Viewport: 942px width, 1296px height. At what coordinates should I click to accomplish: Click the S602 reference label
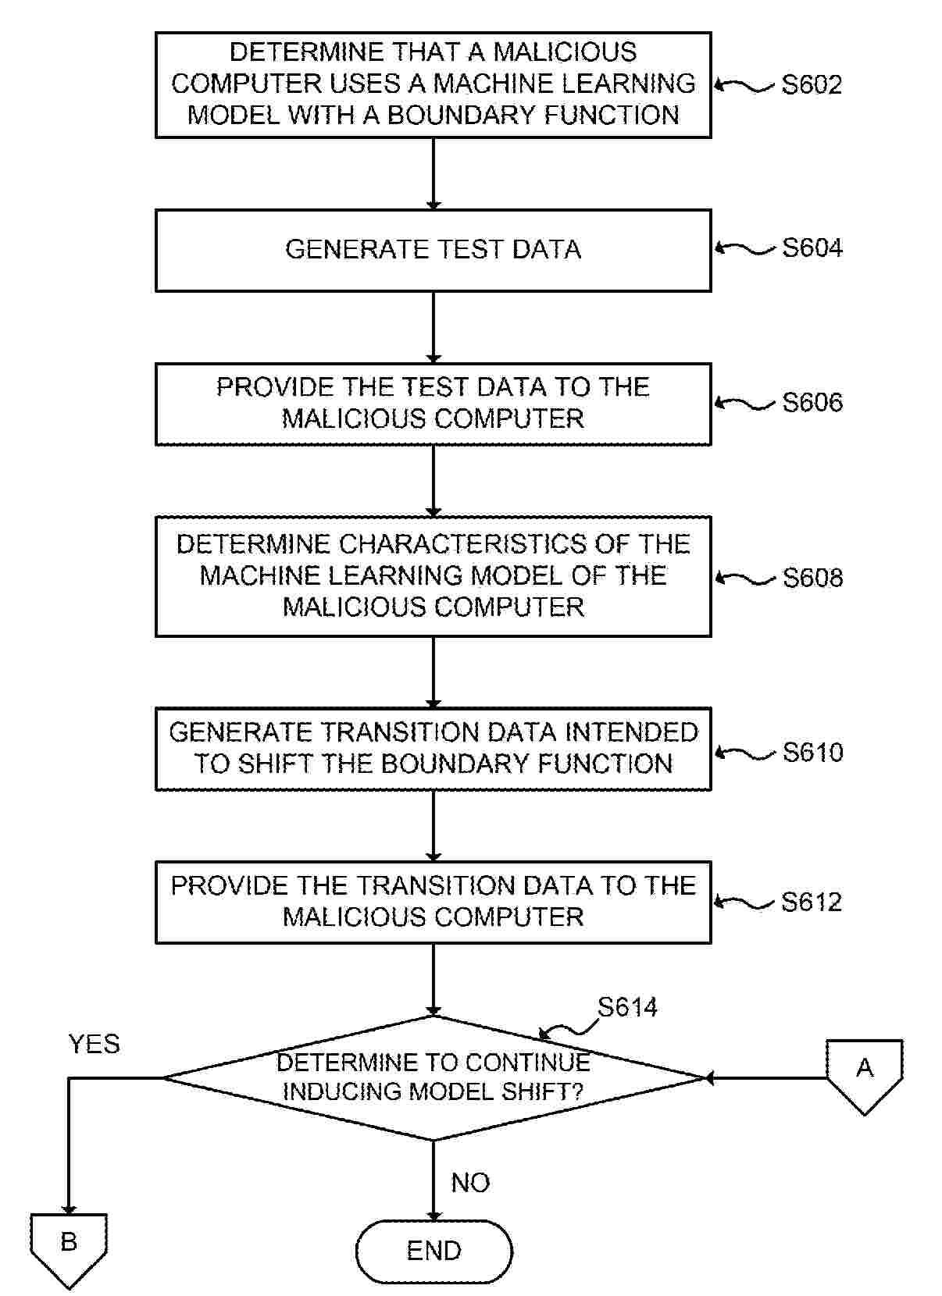tap(812, 84)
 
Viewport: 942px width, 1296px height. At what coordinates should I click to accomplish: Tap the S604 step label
tap(812, 248)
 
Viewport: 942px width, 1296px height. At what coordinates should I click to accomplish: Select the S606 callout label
tap(812, 403)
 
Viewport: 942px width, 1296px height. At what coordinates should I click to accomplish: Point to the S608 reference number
tap(812, 578)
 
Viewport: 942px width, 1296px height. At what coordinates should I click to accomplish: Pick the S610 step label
tap(812, 753)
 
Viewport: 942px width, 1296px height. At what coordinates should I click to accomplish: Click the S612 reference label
tap(812, 903)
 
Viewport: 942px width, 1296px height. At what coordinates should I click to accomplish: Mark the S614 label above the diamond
tap(627, 1007)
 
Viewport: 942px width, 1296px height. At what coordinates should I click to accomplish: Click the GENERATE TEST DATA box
tap(433, 250)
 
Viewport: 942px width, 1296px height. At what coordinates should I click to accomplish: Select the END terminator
tap(434, 1251)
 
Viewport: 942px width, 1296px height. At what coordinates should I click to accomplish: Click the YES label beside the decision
tap(94, 1044)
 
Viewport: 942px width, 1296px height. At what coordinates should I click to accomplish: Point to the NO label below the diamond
tap(470, 1183)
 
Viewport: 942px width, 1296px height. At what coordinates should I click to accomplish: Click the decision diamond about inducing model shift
tap(433, 1077)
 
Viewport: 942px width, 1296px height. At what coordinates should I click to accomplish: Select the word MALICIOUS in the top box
tap(565, 52)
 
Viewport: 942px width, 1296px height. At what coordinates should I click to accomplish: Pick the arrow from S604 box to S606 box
tap(434, 327)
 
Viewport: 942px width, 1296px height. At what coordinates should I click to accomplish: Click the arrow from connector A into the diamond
tap(765, 1078)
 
